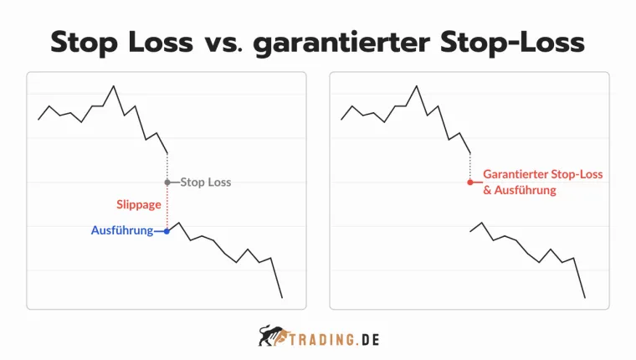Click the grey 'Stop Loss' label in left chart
206,182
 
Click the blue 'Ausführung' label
121,231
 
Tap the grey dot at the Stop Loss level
167,182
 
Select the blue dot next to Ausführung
167,231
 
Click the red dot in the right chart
470,182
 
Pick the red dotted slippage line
167,207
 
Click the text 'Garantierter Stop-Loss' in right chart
543,174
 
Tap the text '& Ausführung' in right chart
520,191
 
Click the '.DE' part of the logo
366,339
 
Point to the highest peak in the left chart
114,85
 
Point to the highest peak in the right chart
417,85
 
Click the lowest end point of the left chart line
282,297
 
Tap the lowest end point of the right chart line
585,297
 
